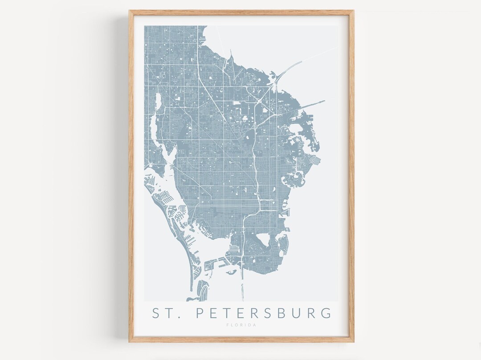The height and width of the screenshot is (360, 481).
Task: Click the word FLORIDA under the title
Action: point(241,325)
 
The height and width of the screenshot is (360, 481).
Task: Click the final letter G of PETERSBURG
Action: point(326,313)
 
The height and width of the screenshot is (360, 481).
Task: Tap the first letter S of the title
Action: point(156,313)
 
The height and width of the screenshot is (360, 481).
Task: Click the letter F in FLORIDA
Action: point(228,325)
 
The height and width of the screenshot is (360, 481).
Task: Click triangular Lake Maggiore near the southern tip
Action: point(263,239)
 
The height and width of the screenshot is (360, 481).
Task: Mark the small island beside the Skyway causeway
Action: point(232,273)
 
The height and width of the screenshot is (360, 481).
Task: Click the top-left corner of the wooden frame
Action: point(130,11)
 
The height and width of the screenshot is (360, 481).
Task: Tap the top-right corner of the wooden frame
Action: point(353,11)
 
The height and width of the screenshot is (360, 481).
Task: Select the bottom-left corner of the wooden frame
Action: point(130,341)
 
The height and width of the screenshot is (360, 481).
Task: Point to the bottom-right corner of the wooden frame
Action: point(353,341)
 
